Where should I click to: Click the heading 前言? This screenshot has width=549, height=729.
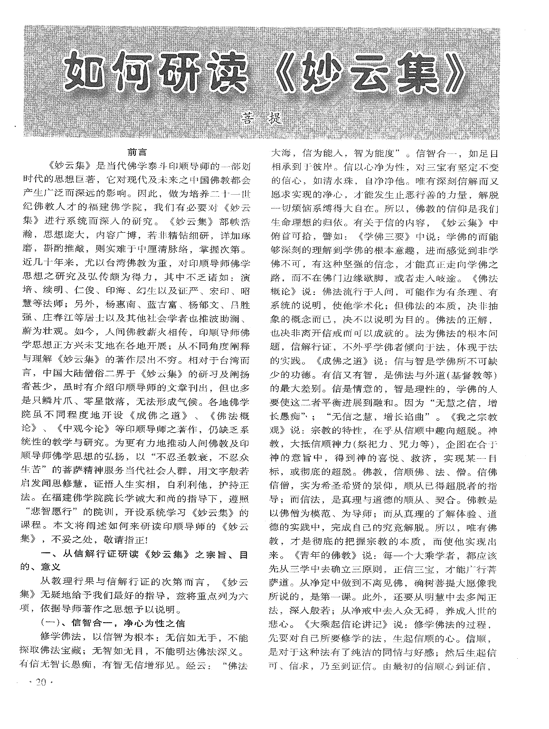tap(136, 153)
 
